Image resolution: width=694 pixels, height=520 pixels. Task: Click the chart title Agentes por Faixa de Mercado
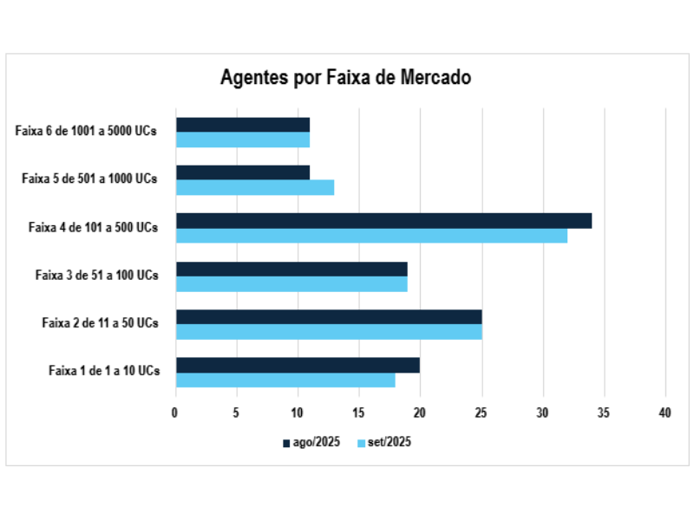345,77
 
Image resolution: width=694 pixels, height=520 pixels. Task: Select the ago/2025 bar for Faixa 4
383,221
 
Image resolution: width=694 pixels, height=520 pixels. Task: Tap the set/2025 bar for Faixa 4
371,236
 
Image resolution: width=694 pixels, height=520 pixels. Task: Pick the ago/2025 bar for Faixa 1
298,365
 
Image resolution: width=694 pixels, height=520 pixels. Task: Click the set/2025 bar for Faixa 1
285,380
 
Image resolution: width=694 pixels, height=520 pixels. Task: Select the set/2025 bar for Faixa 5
255,187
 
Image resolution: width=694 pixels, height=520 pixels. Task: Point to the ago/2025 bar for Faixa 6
243,125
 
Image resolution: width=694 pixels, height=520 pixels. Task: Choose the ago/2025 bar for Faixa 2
329,317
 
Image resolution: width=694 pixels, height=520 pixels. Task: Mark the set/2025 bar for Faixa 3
291,283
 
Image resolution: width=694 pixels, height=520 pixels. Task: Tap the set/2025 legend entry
383,443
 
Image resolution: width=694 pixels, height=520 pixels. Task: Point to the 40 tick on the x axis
665,413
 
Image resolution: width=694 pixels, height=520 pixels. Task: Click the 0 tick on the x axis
175,413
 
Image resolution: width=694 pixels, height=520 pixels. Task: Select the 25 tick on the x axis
481,413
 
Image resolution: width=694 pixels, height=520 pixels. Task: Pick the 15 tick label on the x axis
359,413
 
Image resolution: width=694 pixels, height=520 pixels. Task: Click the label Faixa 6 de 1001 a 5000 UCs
86,132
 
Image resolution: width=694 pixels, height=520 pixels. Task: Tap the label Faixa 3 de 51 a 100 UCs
96,276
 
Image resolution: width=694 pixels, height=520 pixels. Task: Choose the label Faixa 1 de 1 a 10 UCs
103,371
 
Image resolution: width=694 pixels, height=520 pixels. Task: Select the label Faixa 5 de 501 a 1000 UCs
89,179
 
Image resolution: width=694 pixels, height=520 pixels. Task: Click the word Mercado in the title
435,77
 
